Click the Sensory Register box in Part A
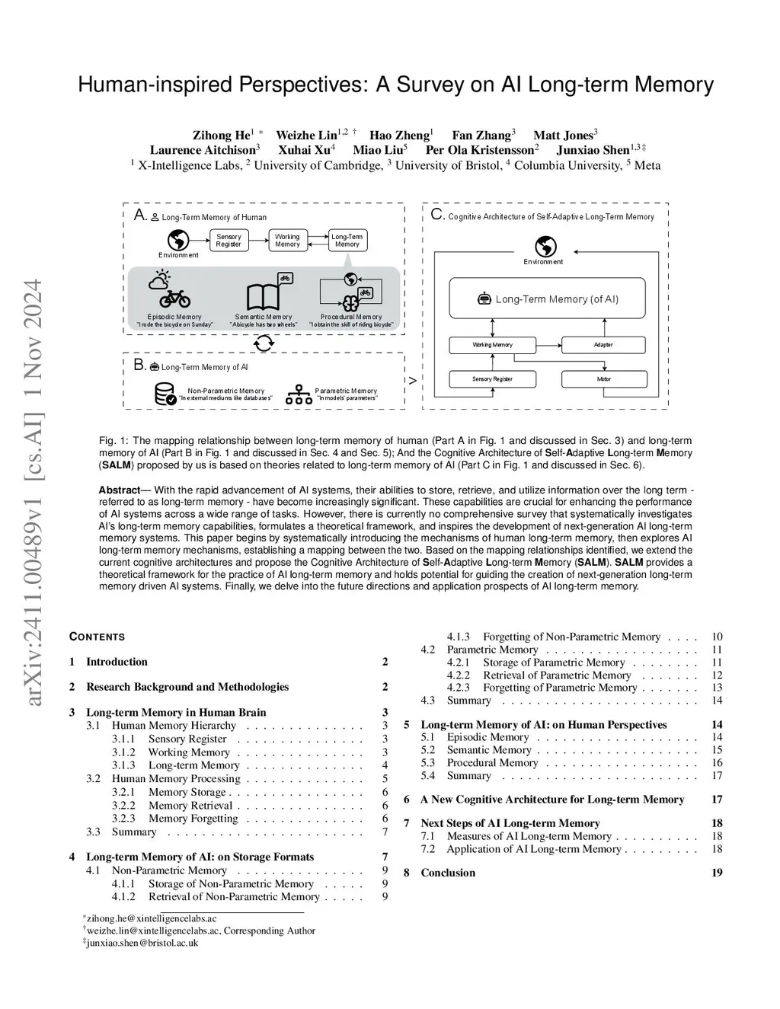pos(229,241)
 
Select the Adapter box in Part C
pos(603,345)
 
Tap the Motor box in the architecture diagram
pos(603,378)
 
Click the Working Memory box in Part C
pos(492,345)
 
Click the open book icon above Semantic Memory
pos(264,297)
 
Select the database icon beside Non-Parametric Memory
pos(165,394)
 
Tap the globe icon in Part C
pos(545,247)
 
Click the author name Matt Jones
pos(563,136)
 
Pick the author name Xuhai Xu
pos(303,150)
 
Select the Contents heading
pos(97,637)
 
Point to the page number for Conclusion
pos(717,873)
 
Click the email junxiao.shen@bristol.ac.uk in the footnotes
pos(142,943)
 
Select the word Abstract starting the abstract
pos(119,490)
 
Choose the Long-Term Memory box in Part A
pos(347,241)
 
